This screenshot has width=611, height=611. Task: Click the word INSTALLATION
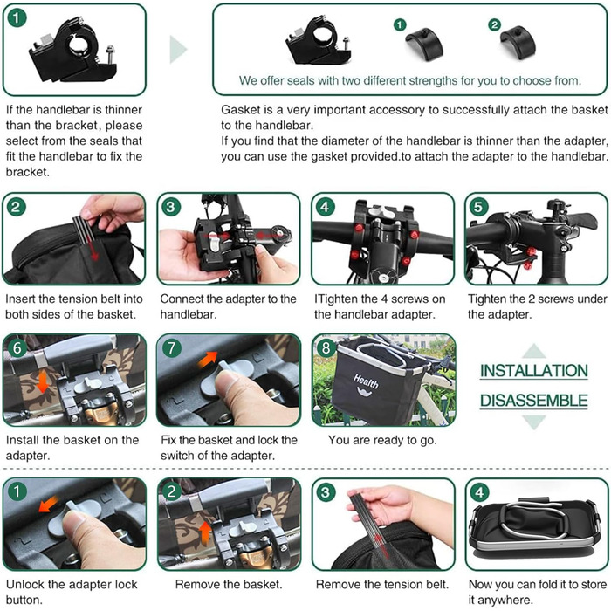[534, 371]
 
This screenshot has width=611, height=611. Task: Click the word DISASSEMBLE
[534, 401]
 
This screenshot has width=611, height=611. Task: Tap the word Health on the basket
[366, 381]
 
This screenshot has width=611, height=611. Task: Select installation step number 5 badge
[478, 207]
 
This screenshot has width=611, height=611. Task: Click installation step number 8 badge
[326, 347]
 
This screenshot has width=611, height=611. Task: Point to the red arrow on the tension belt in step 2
[93, 250]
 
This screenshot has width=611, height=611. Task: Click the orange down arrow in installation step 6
[43, 381]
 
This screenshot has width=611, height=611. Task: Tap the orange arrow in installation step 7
[208, 359]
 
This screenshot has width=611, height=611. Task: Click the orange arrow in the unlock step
[49, 504]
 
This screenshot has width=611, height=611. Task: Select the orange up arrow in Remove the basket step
[205, 533]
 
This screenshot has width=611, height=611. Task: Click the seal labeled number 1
[424, 44]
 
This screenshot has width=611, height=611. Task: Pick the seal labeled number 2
[518, 42]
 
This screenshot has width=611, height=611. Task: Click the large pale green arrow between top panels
[178, 50]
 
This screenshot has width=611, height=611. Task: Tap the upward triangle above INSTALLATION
[534, 351]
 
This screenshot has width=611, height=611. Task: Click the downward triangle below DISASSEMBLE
[534, 422]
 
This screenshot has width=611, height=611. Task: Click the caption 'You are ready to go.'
[382, 440]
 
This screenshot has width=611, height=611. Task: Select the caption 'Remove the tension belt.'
[382, 584]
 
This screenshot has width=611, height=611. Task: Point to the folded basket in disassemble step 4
[534, 524]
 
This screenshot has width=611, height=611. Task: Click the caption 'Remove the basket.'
[229, 584]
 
